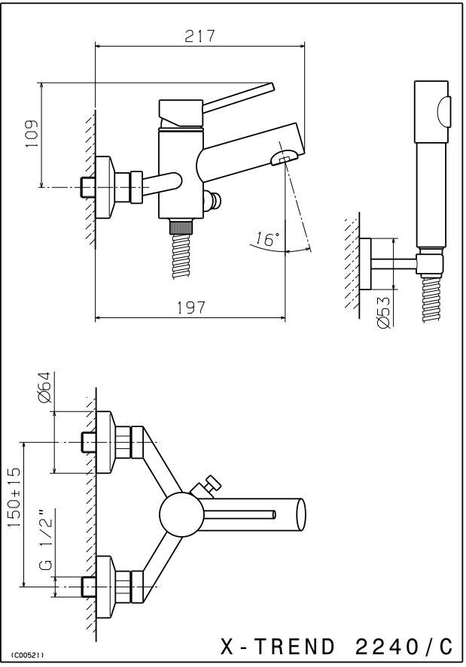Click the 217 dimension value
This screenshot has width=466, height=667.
click(x=199, y=36)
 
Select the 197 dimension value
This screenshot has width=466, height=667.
click(x=192, y=307)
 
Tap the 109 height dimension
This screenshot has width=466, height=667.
click(x=32, y=134)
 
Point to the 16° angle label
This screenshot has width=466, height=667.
click(x=267, y=239)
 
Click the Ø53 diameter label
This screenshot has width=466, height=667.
click(x=383, y=312)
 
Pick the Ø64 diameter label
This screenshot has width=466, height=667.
click(x=44, y=387)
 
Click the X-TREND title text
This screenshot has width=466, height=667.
click(x=278, y=647)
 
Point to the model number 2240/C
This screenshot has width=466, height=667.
click(x=404, y=647)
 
